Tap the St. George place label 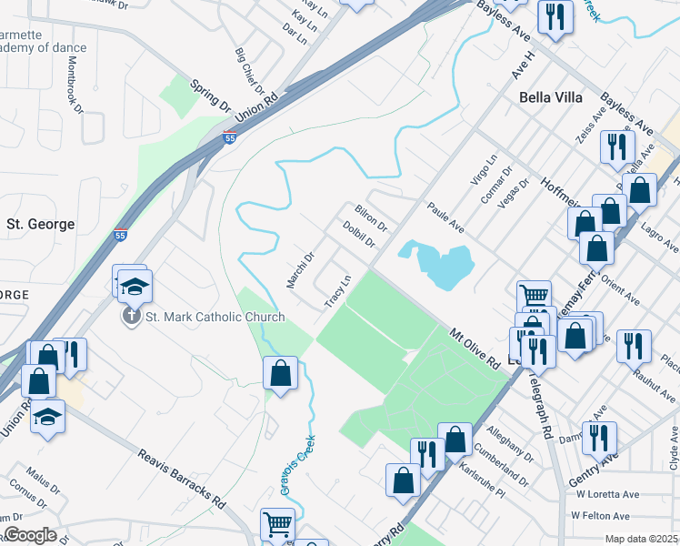(40, 224)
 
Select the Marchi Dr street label (300, 270)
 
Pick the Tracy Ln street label (337, 290)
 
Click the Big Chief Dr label (248, 72)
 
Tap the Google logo (29, 535)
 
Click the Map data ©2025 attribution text (641, 539)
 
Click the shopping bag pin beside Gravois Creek (281, 373)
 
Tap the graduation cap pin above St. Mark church (134, 287)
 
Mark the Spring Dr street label (210, 96)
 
